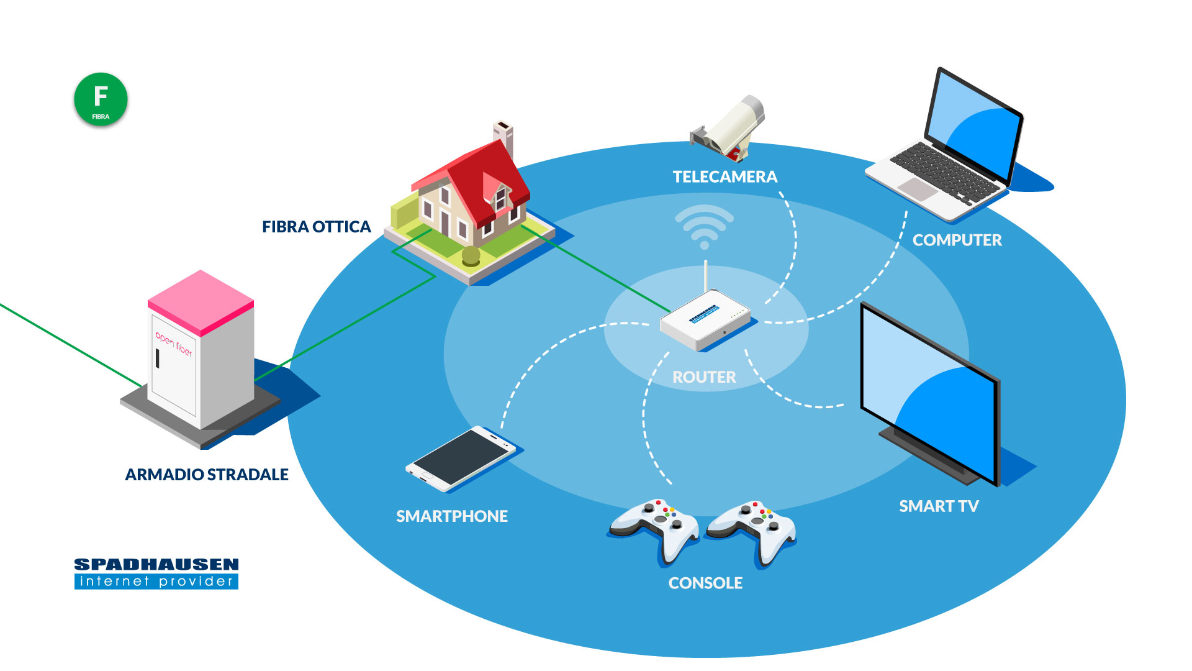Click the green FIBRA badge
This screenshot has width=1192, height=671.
[101, 99]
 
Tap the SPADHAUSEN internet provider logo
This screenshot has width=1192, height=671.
[156, 573]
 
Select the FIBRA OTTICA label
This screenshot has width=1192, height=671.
[316, 227]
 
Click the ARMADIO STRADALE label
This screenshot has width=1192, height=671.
[207, 475]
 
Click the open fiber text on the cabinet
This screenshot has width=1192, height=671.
[174, 343]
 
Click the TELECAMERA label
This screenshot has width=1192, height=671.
[725, 177]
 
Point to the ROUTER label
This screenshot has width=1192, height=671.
[704, 377]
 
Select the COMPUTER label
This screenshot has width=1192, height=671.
[957, 240]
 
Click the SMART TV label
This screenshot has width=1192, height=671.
[939, 506]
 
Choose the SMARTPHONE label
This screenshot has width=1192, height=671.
[452, 516]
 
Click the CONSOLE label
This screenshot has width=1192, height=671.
[705, 583]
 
